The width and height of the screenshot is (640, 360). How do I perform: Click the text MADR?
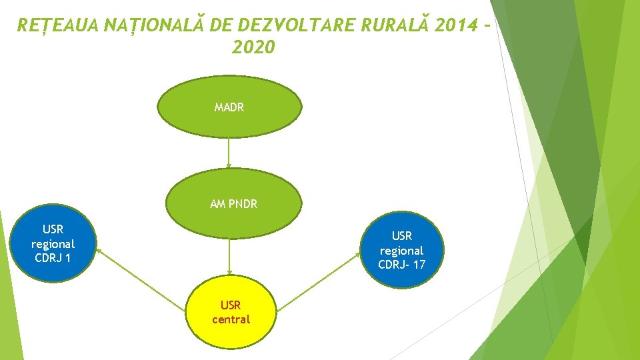[229, 107]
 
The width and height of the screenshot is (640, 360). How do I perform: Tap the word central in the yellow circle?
[231, 319]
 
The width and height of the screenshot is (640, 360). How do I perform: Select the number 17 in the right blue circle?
[419, 265]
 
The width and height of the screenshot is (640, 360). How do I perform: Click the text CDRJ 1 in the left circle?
[53, 258]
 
